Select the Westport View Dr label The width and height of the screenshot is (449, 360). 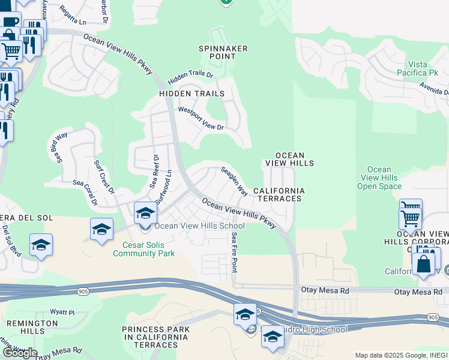click(201, 119)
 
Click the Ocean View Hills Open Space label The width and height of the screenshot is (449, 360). click(379, 178)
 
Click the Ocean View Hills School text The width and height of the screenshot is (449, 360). click(200, 226)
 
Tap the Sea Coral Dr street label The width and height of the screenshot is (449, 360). click(85, 193)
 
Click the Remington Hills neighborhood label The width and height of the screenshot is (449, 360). click(24, 327)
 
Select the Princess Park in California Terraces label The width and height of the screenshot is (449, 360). click(156, 337)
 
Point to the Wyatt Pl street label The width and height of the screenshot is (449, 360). click(62, 312)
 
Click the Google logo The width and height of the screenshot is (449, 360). click(19, 353)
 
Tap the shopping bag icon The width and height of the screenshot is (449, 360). click(423, 263)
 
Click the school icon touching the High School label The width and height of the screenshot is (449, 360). click(273, 336)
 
